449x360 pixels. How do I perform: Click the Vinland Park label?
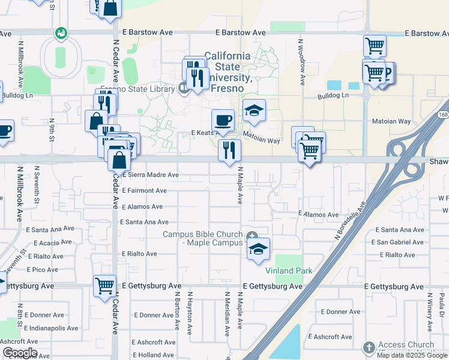coord(289,271)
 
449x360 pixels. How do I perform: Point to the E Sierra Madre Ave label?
coord(150,175)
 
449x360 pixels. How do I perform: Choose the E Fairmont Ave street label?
coord(144,191)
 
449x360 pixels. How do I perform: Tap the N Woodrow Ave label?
coord(301,60)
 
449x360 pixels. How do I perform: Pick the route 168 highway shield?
coord(443,114)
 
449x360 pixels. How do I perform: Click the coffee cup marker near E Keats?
coord(223,119)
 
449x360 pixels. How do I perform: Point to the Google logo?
coord(19,353)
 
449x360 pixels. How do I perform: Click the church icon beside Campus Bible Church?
coord(253,235)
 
